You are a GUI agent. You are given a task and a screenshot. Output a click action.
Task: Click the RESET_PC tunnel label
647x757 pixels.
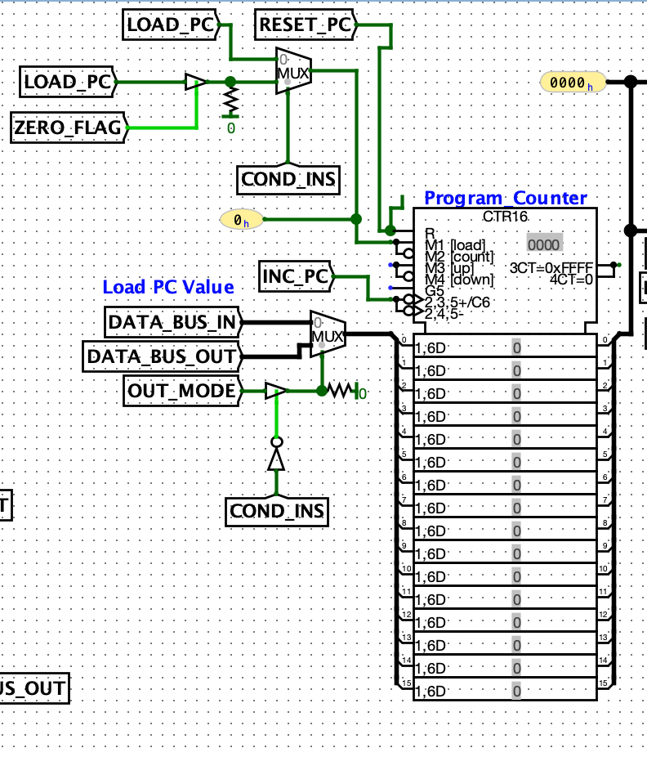304,25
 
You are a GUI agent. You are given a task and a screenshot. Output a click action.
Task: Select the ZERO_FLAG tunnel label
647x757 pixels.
67,128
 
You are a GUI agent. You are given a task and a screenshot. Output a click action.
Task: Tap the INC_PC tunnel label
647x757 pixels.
295,278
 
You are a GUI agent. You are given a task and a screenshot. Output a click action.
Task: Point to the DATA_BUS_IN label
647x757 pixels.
173,324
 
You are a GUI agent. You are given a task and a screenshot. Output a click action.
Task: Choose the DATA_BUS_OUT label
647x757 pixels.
163,356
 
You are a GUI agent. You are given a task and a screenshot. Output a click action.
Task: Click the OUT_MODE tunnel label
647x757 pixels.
181,392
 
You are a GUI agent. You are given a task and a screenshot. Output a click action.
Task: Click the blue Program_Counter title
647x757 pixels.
505,199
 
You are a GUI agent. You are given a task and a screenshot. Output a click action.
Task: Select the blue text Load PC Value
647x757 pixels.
168,287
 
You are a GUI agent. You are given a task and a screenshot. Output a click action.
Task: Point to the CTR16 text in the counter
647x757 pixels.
505,217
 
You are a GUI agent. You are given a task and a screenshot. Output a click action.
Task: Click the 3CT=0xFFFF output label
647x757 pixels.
551,268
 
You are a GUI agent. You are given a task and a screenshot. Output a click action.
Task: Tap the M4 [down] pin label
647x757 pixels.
459,280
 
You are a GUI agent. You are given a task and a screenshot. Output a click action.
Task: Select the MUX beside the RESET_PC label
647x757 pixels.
293,73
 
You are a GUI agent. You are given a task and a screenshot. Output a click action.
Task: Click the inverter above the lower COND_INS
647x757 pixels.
277,458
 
